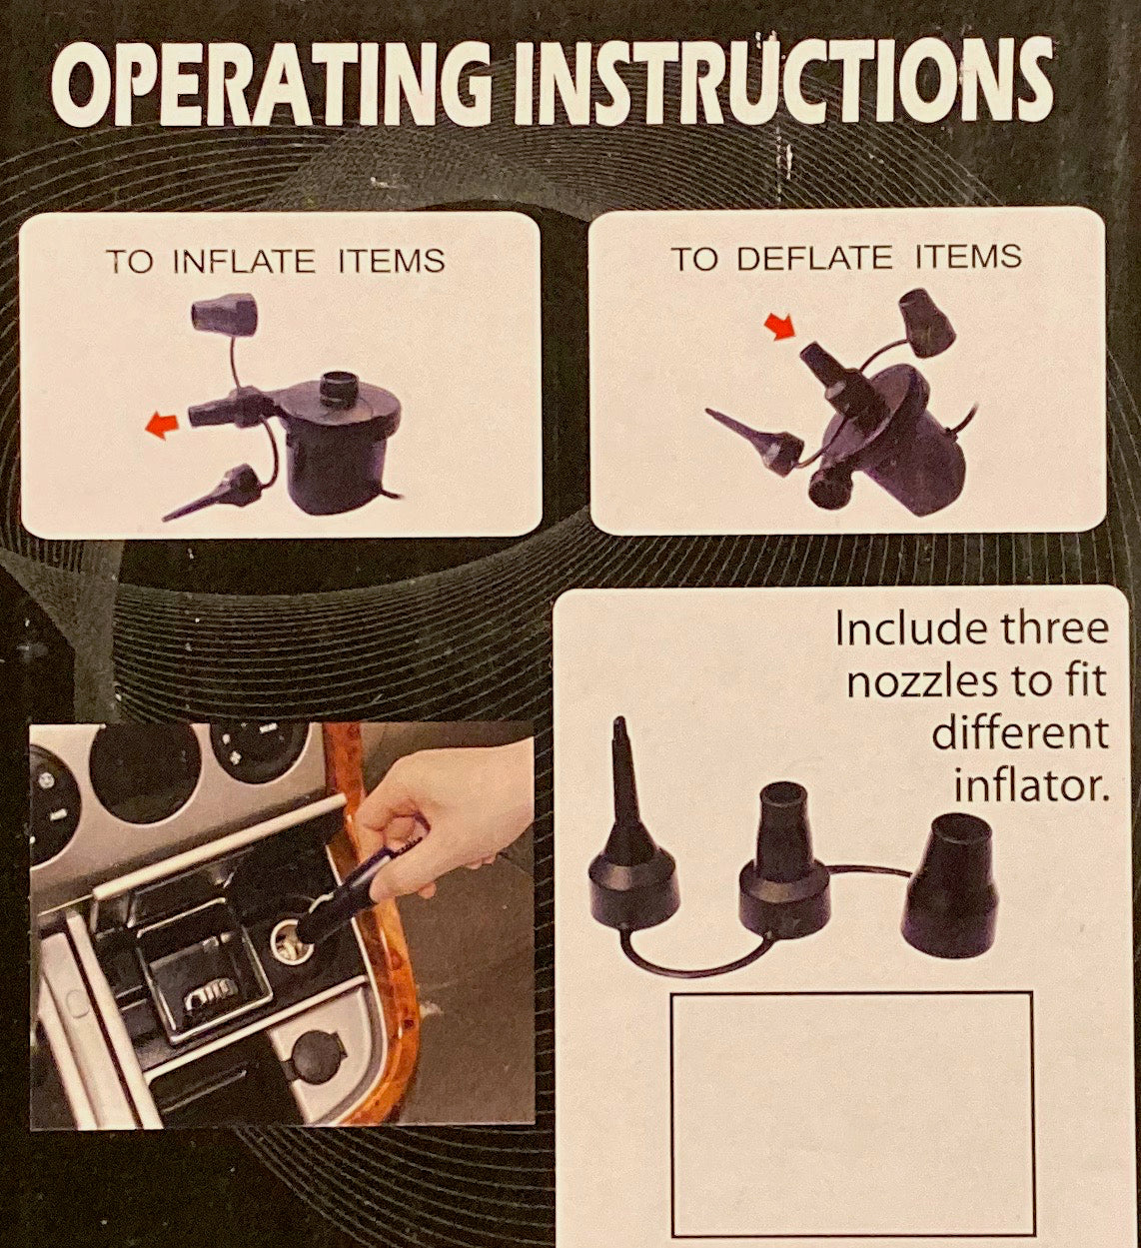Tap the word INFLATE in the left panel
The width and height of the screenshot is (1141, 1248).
tap(243, 262)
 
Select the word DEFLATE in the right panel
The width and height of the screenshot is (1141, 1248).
tap(816, 258)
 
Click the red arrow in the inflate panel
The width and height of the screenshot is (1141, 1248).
tap(162, 427)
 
